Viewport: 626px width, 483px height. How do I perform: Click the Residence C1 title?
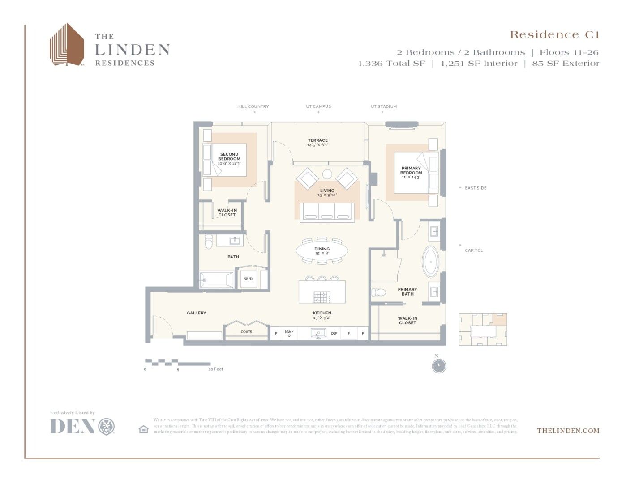pos(554,35)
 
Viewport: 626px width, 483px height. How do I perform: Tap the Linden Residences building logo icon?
pos(67,45)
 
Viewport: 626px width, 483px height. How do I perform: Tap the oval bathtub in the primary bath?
pos(431,262)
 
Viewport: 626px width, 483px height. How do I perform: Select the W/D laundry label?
pos(248,279)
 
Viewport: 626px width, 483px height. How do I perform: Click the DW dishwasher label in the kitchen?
pos(334,333)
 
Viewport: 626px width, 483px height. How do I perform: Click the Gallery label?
pos(197,313)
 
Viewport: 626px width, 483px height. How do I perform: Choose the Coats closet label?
pos(246,332)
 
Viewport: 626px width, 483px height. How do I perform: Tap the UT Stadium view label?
pos(384,106)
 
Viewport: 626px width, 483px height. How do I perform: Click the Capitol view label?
pos(474,250)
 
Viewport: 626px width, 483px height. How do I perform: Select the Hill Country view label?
pos(253,106)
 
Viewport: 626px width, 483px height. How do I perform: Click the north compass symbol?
pos(439,365)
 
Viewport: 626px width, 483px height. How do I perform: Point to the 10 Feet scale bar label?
pos(216,369)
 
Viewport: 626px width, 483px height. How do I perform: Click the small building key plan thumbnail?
pos(483,329)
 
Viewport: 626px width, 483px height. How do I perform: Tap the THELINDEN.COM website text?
pos(568,431)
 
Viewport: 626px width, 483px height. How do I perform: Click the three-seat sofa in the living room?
pos(327,212)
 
